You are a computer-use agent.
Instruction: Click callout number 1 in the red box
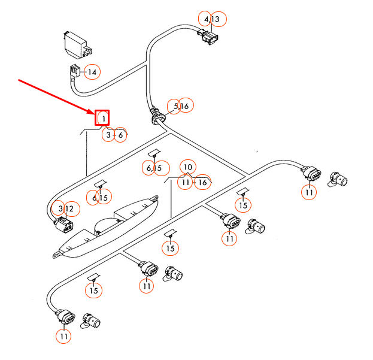pos(103,118)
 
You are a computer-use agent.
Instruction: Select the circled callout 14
pos(92,72)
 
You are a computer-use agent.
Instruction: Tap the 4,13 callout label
pos(211,20)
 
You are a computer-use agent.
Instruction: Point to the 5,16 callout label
pos(180,106)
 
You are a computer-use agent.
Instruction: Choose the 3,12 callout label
pos(65,208)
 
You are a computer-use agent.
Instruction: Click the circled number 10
pos(188,167)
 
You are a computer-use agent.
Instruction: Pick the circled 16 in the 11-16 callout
pos(202,181)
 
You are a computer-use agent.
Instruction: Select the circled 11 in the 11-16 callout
pos(186,181)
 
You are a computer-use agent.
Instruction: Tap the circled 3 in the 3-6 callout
pos(108,135)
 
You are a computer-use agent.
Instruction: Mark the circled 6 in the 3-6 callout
pos(121,135)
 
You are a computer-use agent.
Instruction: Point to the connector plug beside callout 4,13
pos(208,38)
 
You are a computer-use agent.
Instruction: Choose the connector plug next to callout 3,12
pos(63,227)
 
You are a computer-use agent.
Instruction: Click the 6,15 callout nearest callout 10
pos(153,168)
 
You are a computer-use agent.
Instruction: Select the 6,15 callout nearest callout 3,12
pos(100,196)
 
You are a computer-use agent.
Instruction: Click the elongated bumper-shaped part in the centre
pos(108,226)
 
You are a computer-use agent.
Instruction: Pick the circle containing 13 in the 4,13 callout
pos(216,20)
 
